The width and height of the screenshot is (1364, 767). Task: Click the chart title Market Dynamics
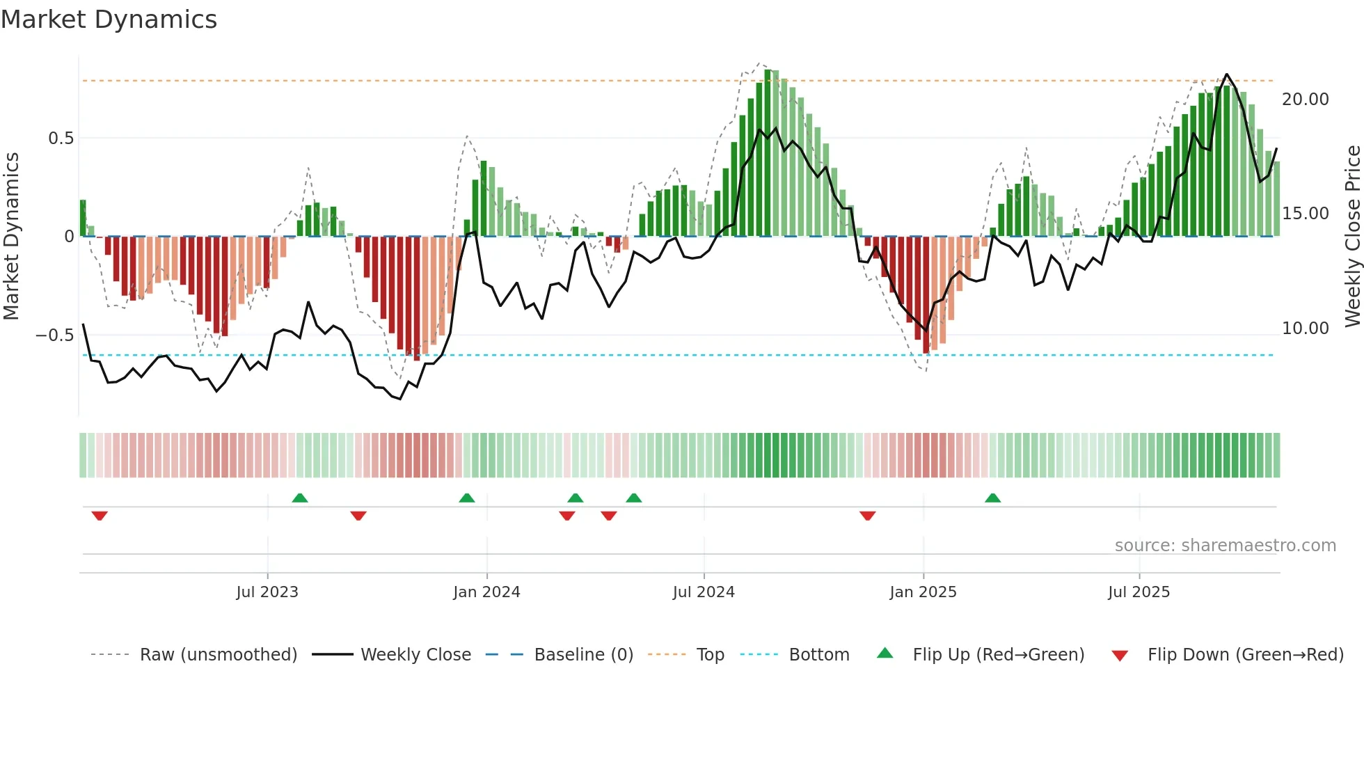click(x=109, y=19)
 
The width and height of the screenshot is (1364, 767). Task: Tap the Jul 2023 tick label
click(x=267, y=592)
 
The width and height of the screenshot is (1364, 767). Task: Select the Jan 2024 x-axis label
click(x=486, y=592)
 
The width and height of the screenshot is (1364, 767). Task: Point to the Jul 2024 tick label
click(x=704, y=592)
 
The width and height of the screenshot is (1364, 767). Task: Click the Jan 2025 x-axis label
click(x=923, y=592)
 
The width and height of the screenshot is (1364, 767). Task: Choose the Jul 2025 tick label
click(x=1139, y=592)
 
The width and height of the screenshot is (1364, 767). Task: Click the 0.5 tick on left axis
click(x=61, y=139)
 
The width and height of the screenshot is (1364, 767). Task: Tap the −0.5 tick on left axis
click(x=55, y=335)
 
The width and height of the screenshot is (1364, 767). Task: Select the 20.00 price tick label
click(x=1306, y=100)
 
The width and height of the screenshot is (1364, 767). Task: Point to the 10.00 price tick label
click(x=1306, y=329)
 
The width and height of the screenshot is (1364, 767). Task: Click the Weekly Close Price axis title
click(x=1352, y=237)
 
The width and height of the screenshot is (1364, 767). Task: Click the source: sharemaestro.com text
click(x=1225, y=546)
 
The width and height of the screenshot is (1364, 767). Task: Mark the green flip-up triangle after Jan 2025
click(x=992, y=498)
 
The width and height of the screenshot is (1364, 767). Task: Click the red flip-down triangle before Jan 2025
click(x=867, y=516)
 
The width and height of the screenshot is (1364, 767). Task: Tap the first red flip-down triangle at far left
click(x=100, y=516)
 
